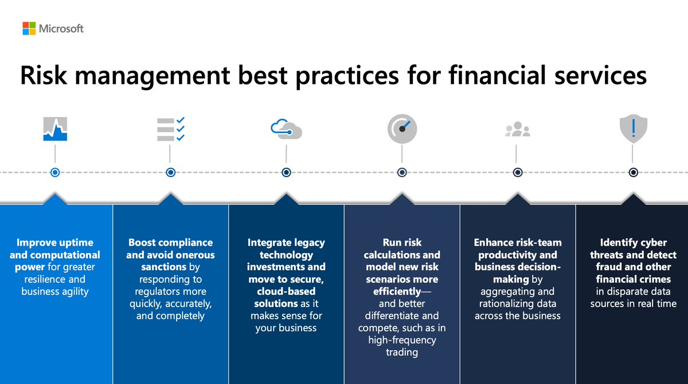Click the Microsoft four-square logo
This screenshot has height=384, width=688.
point(29,28)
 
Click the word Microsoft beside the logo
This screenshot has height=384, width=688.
point(61,28)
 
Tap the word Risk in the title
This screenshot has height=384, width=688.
point(44,77)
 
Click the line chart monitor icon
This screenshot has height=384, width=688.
point(55,129)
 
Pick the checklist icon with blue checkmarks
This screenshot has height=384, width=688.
point(170,129)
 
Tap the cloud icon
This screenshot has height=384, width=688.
point(286,129)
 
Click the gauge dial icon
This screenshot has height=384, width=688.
point(402,129)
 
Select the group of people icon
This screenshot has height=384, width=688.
point(517,130)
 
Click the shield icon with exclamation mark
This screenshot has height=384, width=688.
point(633,129)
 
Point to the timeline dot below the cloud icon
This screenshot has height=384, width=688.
point(286,172)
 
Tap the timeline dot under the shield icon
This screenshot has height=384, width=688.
point(633,172)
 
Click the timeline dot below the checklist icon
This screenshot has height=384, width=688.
point(170,172)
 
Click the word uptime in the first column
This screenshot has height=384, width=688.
point(75,242)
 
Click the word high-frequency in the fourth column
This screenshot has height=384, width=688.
point(402,340)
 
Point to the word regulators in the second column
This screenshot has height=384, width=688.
point(161,292)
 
